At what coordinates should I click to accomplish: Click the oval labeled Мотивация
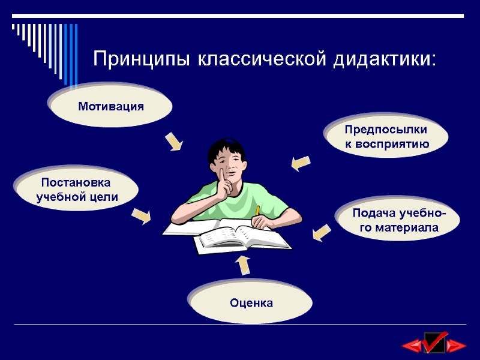pyautogui.click(x=111, y=107)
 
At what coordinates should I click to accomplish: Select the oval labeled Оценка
pyautogui.click(x=251, y=303)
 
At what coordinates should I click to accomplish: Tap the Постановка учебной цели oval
pyautogui.click(x=77, y=189)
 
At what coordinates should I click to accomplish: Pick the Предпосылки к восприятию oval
pyautogui.click(x=386, y=137)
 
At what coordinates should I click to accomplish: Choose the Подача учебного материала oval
pyautogui.click(x=398, y=220)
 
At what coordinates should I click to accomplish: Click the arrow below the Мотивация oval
pyautogui.click(x=173, y=142)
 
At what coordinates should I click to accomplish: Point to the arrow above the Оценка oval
pyautogui.click(x=242, y=265)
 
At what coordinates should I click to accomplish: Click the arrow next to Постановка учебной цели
pyautogui.click(x=142, y=215)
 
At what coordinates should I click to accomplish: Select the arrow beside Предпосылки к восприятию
pyautogui.click(x=300, y=163)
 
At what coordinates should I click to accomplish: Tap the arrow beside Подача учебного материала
pyautogui.click(x=322, y=233)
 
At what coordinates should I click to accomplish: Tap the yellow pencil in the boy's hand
pyautogui.click(x=257, y=211)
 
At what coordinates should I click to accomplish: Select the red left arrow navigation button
pyautogui.click(x=412, y=346)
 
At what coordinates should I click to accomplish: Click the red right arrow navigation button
pyautogui.click(x=457, y=346)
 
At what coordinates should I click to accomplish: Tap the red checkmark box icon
pyautogui.click(x=434, y=343)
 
